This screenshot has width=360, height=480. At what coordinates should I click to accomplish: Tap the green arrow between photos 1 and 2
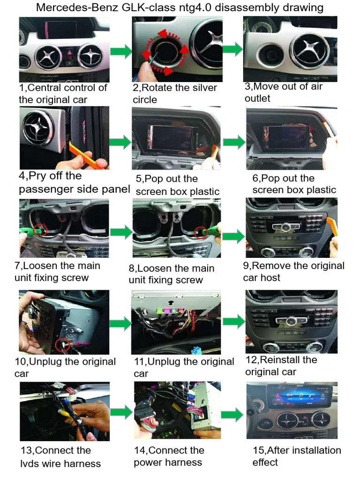121,51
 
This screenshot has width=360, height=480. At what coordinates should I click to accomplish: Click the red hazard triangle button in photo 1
69,53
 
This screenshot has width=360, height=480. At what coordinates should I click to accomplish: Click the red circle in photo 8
201,233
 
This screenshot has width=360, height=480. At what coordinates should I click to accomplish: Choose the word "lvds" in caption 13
30,464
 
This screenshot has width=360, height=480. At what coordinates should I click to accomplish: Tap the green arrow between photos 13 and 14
121,412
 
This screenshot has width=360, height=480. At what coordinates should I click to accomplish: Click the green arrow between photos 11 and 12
234,322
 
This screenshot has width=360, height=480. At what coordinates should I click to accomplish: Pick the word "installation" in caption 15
313,450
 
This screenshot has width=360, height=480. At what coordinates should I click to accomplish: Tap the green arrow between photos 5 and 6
234,142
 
